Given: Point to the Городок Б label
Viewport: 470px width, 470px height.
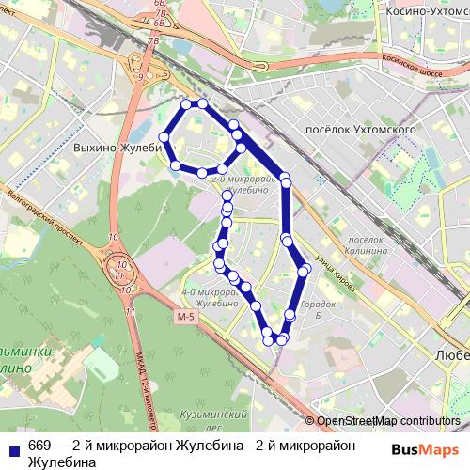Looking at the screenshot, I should click(x=322, y=310).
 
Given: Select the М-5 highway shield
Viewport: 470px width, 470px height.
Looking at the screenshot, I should click(x=185, y=317).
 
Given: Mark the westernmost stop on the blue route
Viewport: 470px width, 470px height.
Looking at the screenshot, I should click(x=164, y=137).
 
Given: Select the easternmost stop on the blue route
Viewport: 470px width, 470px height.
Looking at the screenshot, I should click(x=305, y=271).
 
